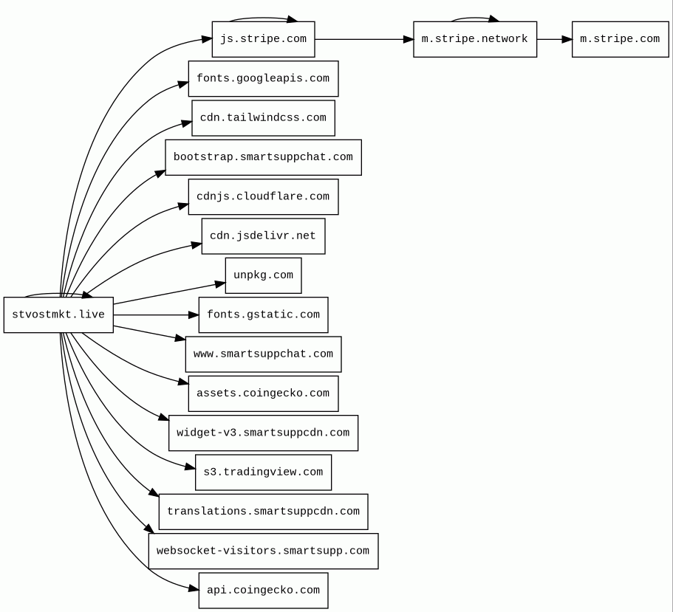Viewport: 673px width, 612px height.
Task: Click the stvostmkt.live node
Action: (58, 314)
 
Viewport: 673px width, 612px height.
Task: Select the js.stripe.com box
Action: (263, 39)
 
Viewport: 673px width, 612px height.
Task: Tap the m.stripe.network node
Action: (475, 39)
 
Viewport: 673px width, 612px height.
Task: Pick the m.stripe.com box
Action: (621, 39)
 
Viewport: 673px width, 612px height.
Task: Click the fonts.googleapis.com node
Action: (263, 78)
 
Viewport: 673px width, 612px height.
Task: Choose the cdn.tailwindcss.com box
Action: (263, 118)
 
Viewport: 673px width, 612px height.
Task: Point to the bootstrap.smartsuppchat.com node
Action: (263, 157)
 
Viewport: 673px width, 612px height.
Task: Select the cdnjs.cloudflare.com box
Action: (263, 197)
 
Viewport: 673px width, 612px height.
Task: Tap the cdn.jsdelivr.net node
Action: (263, 236)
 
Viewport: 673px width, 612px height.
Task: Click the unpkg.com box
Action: (263, 276)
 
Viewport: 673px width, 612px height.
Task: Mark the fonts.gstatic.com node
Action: (263, 314)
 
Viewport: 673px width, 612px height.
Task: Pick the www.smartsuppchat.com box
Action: (263, 354)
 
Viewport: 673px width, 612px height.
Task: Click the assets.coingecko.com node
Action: (263, 393)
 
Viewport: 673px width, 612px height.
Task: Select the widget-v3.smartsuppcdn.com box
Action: (263, 433)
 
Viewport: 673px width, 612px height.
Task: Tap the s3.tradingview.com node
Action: (263, 472)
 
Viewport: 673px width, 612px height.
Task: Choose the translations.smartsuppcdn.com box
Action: (263, 512)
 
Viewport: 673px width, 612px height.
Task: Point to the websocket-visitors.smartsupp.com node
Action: (263, 551)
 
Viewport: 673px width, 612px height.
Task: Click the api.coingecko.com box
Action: (263, 591)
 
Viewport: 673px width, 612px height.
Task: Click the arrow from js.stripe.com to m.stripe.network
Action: (364, 39)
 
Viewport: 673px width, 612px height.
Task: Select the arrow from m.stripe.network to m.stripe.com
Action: (554, 39)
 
